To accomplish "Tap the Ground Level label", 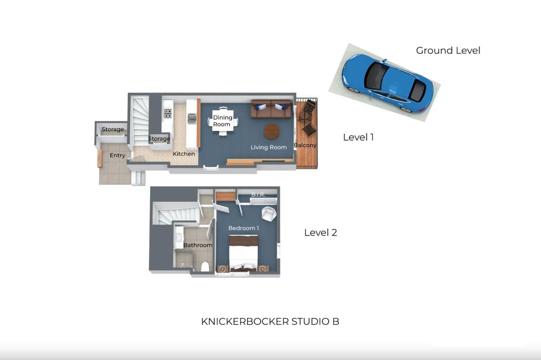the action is [x=448, y=50].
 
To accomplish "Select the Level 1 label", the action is [x=358, y=137].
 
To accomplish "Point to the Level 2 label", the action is [x=320, y=233].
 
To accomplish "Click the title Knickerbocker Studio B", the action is [x=270, y=321].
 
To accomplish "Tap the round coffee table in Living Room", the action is [x=272, y=131].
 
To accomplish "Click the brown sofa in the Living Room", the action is [x=272, y=109].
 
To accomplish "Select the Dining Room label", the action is [x=222, y=121].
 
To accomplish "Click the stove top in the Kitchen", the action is [x=168, y=114].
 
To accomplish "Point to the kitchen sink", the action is [x=192, y=119].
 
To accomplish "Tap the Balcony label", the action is [x=305, y=146].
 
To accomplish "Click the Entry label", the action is [x=118, y=156].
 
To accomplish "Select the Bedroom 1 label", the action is [x=244, y=228].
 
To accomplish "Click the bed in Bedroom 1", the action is [x=244, y=253].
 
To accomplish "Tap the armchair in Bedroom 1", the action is [x=269, y=214].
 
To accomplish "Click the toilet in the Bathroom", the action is [x=205, y=267].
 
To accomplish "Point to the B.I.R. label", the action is [x=258, y=195].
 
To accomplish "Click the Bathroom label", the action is [x=198, y=245].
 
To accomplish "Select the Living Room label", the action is [x=269, y=147].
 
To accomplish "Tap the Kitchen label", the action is [x=184, y=154].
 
